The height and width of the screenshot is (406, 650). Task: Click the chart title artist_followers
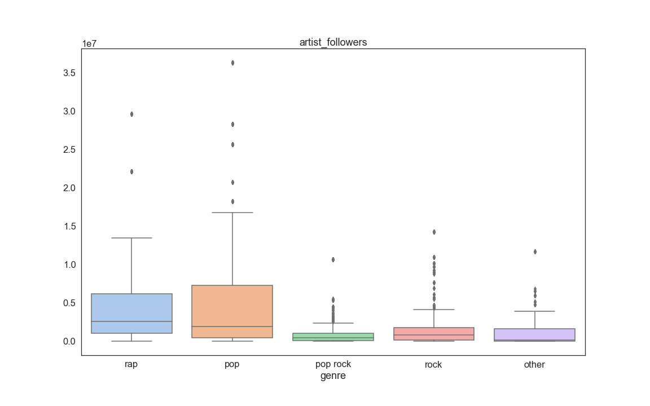tap(333, 42)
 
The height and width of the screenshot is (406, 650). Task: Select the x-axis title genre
tap(333, 376)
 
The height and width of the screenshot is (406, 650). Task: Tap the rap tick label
tap(131, 364)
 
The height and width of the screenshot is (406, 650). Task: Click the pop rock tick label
tap(333, 364)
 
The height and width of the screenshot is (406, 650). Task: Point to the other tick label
tap(534, 365)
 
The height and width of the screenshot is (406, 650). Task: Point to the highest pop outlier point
tap(232, 63)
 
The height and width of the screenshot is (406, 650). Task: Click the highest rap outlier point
tap(131, 114)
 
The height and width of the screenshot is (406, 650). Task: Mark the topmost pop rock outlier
tap(333, 259)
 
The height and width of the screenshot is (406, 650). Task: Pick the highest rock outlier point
tap(433, 232)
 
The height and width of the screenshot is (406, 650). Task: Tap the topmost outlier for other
tap(534, 251)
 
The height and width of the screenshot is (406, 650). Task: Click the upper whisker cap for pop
tap(232, 213)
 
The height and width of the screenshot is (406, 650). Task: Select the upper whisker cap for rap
tap(131, 238)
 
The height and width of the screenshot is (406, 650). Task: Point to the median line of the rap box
tap(131, 321)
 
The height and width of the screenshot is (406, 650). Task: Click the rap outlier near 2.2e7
tap(131, 171)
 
